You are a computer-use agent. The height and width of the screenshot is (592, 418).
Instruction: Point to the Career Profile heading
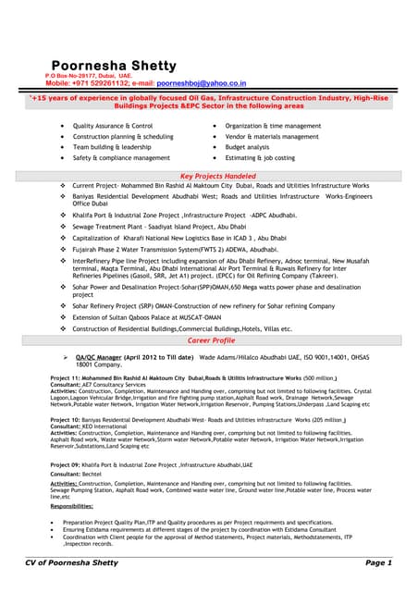click(211, 340)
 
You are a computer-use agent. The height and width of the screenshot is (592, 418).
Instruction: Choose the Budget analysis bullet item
click(247, 147)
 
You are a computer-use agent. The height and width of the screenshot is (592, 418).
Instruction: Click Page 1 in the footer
click(378, 562)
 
